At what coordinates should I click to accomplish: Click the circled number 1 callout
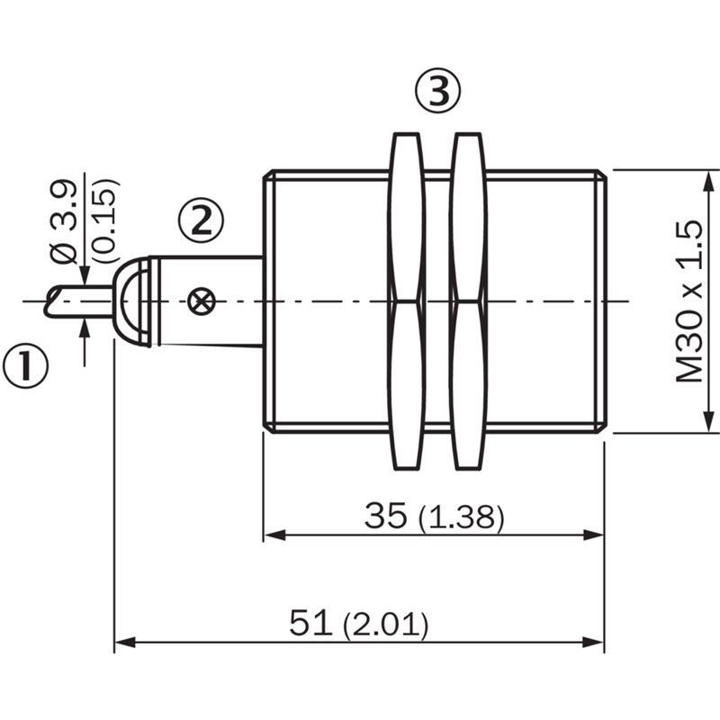tap(25, 367)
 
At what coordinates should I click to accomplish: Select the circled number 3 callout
tap(437, 92)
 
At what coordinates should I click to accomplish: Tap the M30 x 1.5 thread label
tap(689, 301)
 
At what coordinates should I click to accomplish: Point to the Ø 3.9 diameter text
tap(63, 222)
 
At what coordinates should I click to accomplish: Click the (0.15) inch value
tap(106, 220)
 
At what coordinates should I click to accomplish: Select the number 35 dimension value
tap(386, 515)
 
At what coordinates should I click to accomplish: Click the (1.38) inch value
tap(462, 518)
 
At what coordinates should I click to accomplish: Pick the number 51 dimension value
tap(310, 623)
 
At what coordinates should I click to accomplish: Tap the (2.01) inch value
tap(386, 625)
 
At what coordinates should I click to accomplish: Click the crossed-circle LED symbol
tap(201, 301)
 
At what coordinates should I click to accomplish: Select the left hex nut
tap(407, 301)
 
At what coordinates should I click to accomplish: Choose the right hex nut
tap(469, 301)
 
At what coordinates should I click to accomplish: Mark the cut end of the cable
tap(53, 301)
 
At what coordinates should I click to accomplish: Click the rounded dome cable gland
tap(131, 301)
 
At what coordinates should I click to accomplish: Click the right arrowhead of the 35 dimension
tap(593, 535)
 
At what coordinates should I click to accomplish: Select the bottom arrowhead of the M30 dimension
tap(710, 421)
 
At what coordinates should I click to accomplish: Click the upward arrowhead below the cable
tap(85, 329)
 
